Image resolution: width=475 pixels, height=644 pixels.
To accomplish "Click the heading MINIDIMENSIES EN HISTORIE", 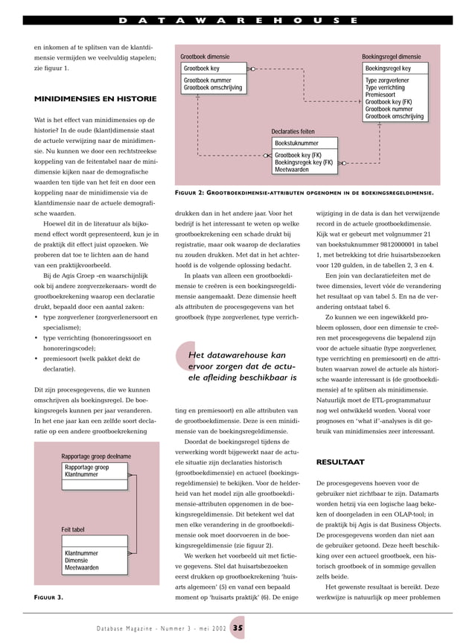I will [x=95, y=99].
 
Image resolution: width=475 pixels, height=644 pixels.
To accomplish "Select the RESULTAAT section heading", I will [x=340, y=462].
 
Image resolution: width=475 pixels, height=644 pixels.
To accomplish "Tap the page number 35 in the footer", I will [x=238, y=628].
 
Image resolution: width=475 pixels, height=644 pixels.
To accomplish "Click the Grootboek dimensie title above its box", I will [x=205, y=57].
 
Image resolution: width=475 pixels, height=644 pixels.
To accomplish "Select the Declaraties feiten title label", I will [x=293, y=132].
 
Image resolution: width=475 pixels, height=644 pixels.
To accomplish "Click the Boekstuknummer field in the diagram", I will [x=296, y=143].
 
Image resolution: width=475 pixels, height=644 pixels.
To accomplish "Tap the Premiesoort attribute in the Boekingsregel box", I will [x=380, y=95].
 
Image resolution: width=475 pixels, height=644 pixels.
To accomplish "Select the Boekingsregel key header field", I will [x=387, y=68].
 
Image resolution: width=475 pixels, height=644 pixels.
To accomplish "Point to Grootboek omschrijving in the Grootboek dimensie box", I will [x=213, y=88].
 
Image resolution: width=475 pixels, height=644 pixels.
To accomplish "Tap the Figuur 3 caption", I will [x=49, y=598].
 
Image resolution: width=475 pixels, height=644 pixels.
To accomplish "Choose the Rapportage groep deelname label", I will [x=96, y=456].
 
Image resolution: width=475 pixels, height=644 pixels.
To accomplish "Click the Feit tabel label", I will [x=73, y=529].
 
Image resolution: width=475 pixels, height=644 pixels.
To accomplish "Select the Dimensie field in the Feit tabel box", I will [x=77, y=561].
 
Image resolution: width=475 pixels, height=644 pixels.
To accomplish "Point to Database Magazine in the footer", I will [x=129, y=628].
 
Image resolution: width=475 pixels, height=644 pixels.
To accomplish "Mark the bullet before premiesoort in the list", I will [x=36, y=358].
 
